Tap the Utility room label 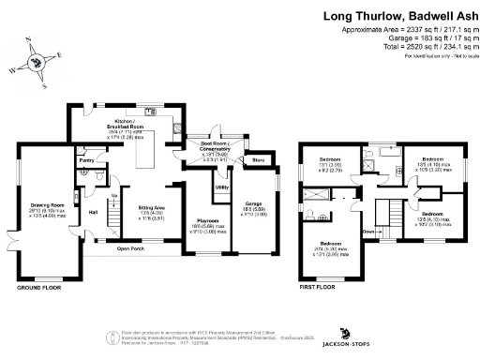[222, 187]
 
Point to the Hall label [94, 212]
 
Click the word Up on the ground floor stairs [114, 195]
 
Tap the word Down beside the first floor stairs [369, 231]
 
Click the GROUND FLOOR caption [38, 289]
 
